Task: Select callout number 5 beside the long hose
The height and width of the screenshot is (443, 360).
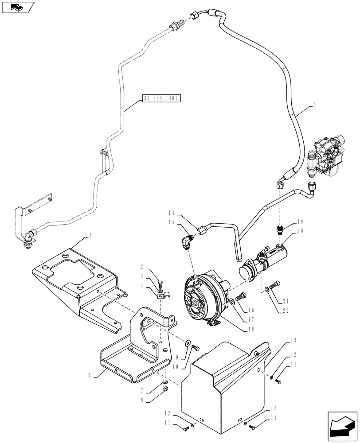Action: pos(314,105)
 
